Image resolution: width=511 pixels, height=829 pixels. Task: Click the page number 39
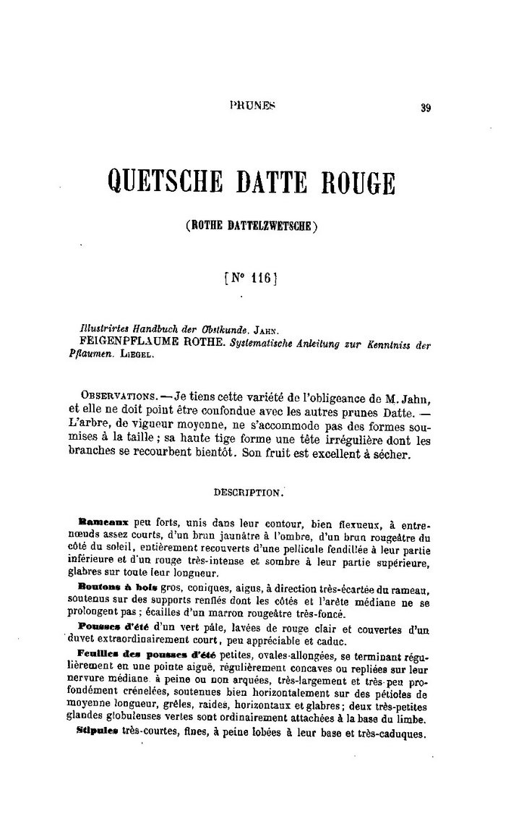(x=425, y=109)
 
